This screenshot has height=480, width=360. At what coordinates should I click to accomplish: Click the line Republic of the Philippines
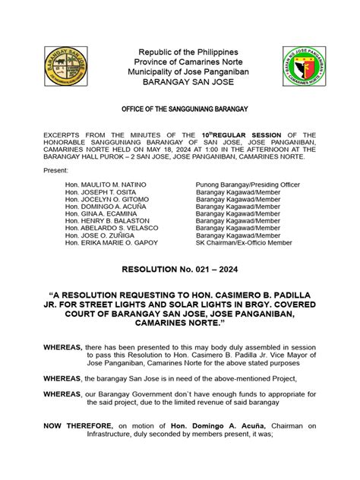(180, 51)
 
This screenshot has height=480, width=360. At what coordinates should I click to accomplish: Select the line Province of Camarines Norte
(180, 62)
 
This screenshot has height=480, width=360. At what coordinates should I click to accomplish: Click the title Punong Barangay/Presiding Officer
(248, 185)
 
